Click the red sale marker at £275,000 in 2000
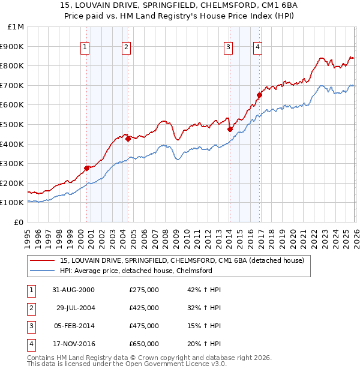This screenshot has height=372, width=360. [x=87, y=168]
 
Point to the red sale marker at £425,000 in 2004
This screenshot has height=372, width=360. [x=128, y=139]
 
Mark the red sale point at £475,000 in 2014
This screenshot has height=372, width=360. [x=230, y=129]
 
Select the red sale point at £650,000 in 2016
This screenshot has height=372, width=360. [x=259, y=95]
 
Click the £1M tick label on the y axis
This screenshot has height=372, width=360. [x=16, y=27]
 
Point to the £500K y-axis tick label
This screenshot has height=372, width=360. [x=13, y=124]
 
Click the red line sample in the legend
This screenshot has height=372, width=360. [x=43, y=260]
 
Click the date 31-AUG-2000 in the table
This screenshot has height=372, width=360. [x=73, y=290]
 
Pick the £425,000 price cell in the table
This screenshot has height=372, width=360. [x=144, y=308]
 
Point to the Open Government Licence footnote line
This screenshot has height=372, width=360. [x=127, y=364]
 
